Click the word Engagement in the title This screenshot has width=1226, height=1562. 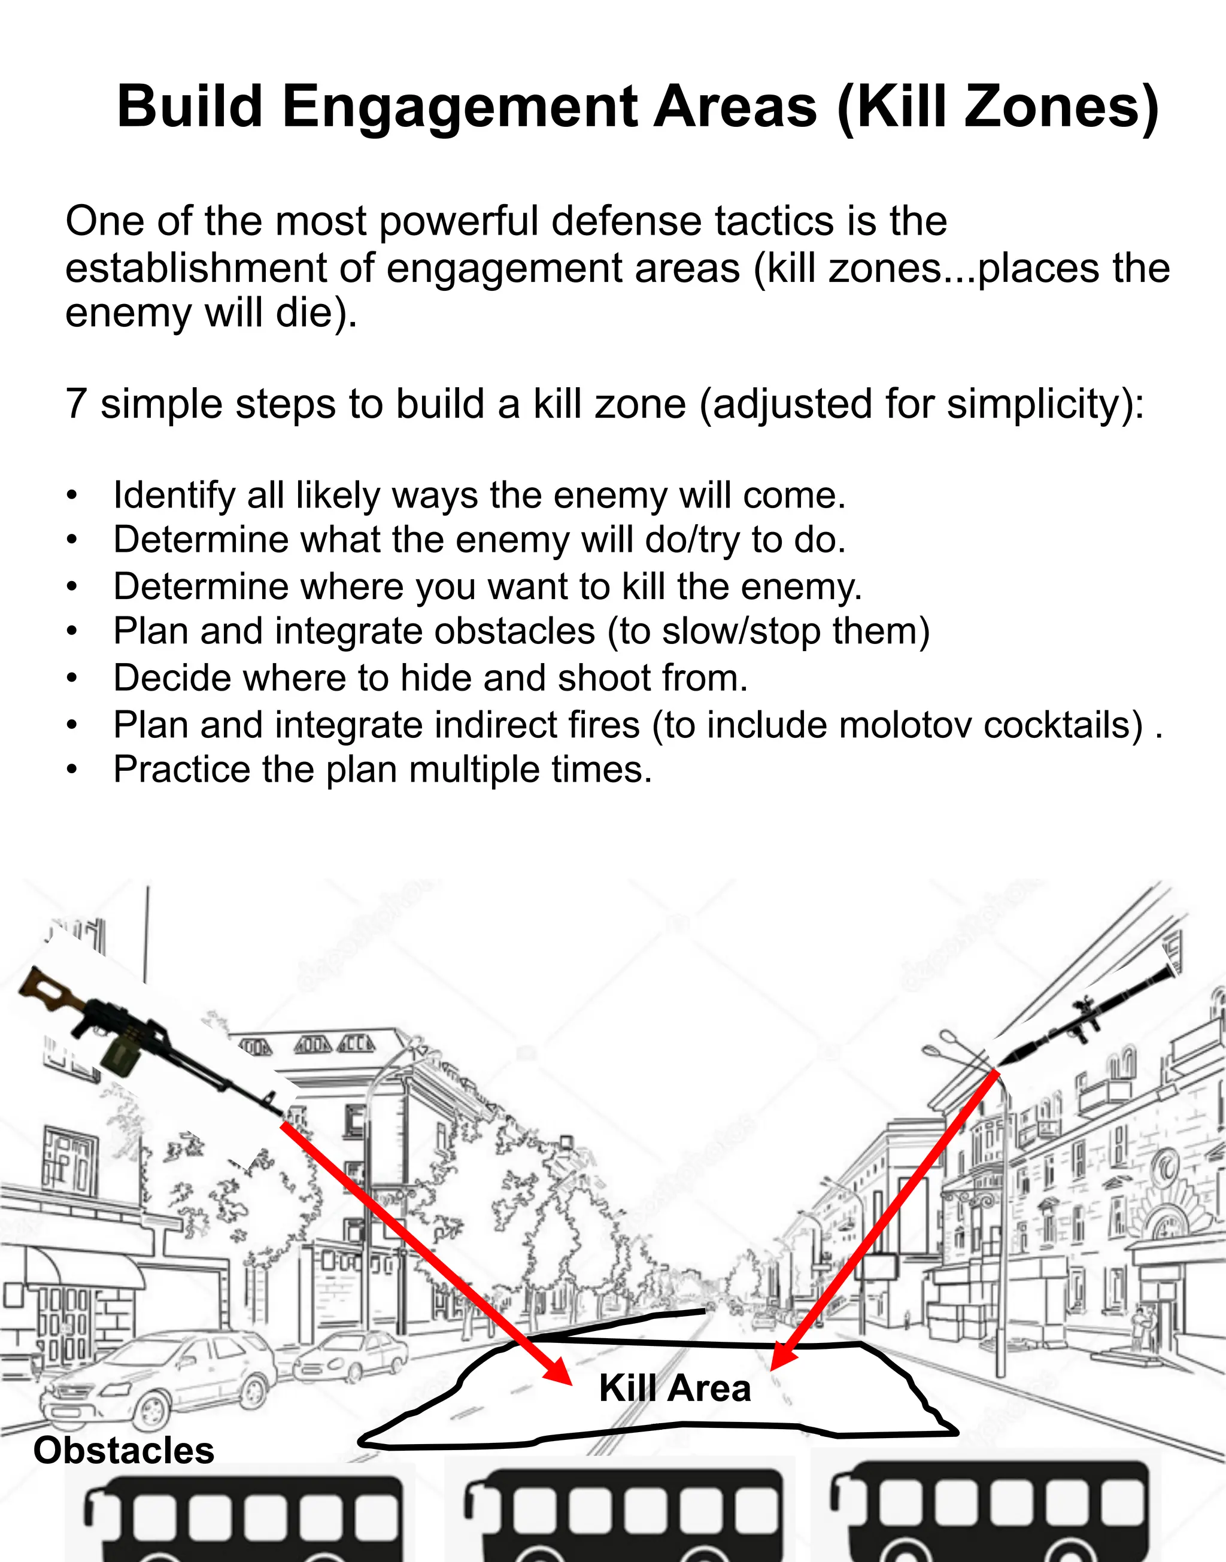pos(459,108)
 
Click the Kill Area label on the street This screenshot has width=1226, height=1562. pos(674,1388)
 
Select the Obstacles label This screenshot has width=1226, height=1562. pos(123,1450)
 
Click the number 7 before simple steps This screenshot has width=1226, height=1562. pos(75,404)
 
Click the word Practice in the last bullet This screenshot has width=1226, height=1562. pos(181,770)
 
